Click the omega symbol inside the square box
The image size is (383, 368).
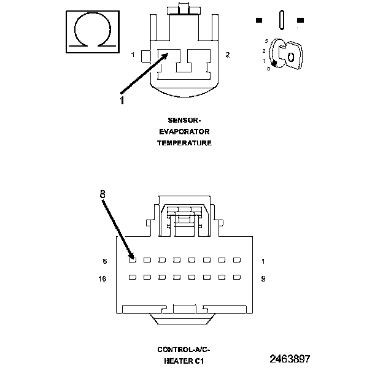(91, 31)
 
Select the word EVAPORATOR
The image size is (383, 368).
(185, 131)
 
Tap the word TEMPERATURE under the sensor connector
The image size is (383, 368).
(185, 142)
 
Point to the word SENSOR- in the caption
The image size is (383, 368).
(185, 120)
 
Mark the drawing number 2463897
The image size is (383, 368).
(290, 358)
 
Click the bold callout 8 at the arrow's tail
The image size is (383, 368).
(103, 194)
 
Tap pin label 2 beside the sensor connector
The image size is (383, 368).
(227, 55)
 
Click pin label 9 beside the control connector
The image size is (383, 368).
(263, 278)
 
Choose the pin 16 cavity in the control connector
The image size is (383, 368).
(133, 277)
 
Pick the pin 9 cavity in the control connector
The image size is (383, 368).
(236, 277)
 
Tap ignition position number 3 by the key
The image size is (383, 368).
(266, 40)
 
